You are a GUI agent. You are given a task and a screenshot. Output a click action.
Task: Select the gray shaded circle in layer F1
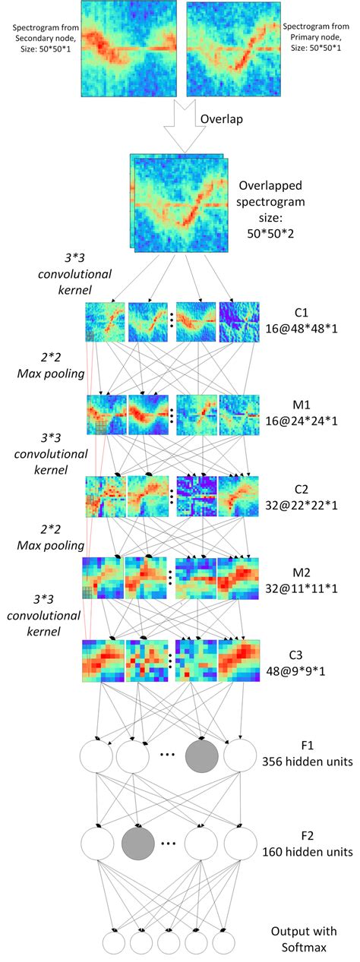point(201,756)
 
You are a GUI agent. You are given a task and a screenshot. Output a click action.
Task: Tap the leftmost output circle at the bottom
point(115,944)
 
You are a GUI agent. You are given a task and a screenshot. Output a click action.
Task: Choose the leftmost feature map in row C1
point(105,322)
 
